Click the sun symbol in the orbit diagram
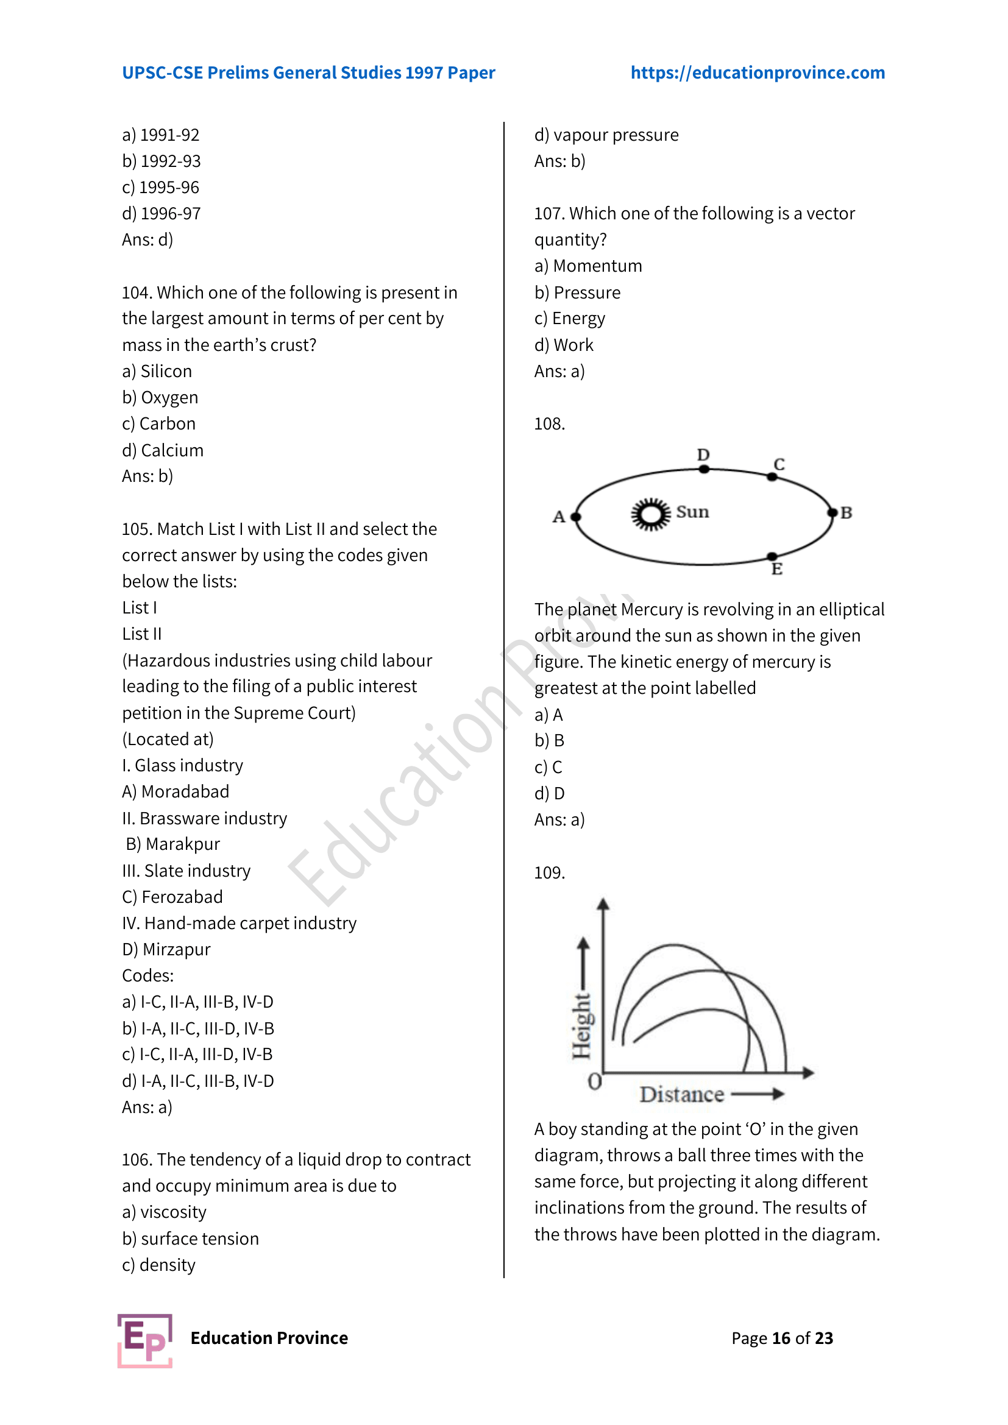click(650, 514)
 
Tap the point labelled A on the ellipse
click(576, 517)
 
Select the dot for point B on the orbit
click(832, 512)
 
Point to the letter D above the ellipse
click(703, 455)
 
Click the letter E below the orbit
click(776, 569)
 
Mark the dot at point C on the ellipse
click(772, 476)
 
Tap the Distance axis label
click(681, 1095)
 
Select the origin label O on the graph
click(594, 1083)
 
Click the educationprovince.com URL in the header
click(758, 72)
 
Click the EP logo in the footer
click(144, 1340)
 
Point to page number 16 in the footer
click(781, 1338)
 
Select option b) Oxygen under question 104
click(160, 397)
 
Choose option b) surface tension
click(190, 1238)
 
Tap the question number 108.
click(549, 424)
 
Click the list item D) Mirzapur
click(166, 949)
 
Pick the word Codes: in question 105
click(147, 975)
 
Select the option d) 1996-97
click(161, 213)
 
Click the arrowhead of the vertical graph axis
click(603, 904)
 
